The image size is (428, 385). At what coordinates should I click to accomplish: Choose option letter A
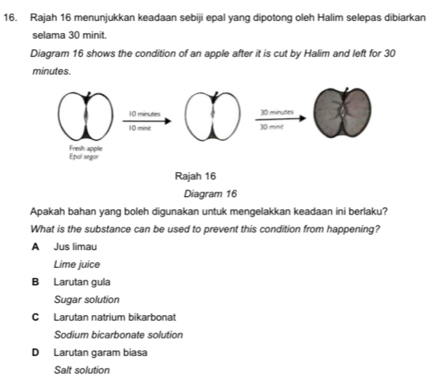36,250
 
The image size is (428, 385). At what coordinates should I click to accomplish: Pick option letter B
36,282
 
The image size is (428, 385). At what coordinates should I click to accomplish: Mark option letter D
36,352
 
